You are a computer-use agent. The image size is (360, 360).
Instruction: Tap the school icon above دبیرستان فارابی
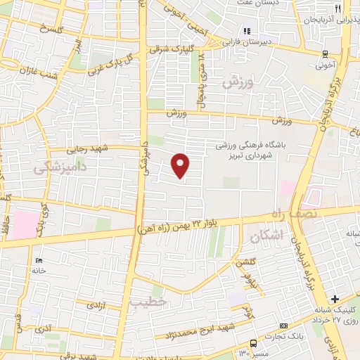pos(247,31)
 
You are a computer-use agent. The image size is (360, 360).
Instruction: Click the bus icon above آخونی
pos(324,54)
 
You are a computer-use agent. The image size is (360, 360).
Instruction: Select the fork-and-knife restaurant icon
pos(338,8)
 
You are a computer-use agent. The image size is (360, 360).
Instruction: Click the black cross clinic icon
pos(335,299)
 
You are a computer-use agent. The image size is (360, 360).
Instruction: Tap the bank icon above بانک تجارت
pos(283,326)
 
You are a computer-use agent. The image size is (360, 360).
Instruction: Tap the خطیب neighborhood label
pos(148,300)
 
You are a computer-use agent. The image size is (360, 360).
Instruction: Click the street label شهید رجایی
pos(85,149)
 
